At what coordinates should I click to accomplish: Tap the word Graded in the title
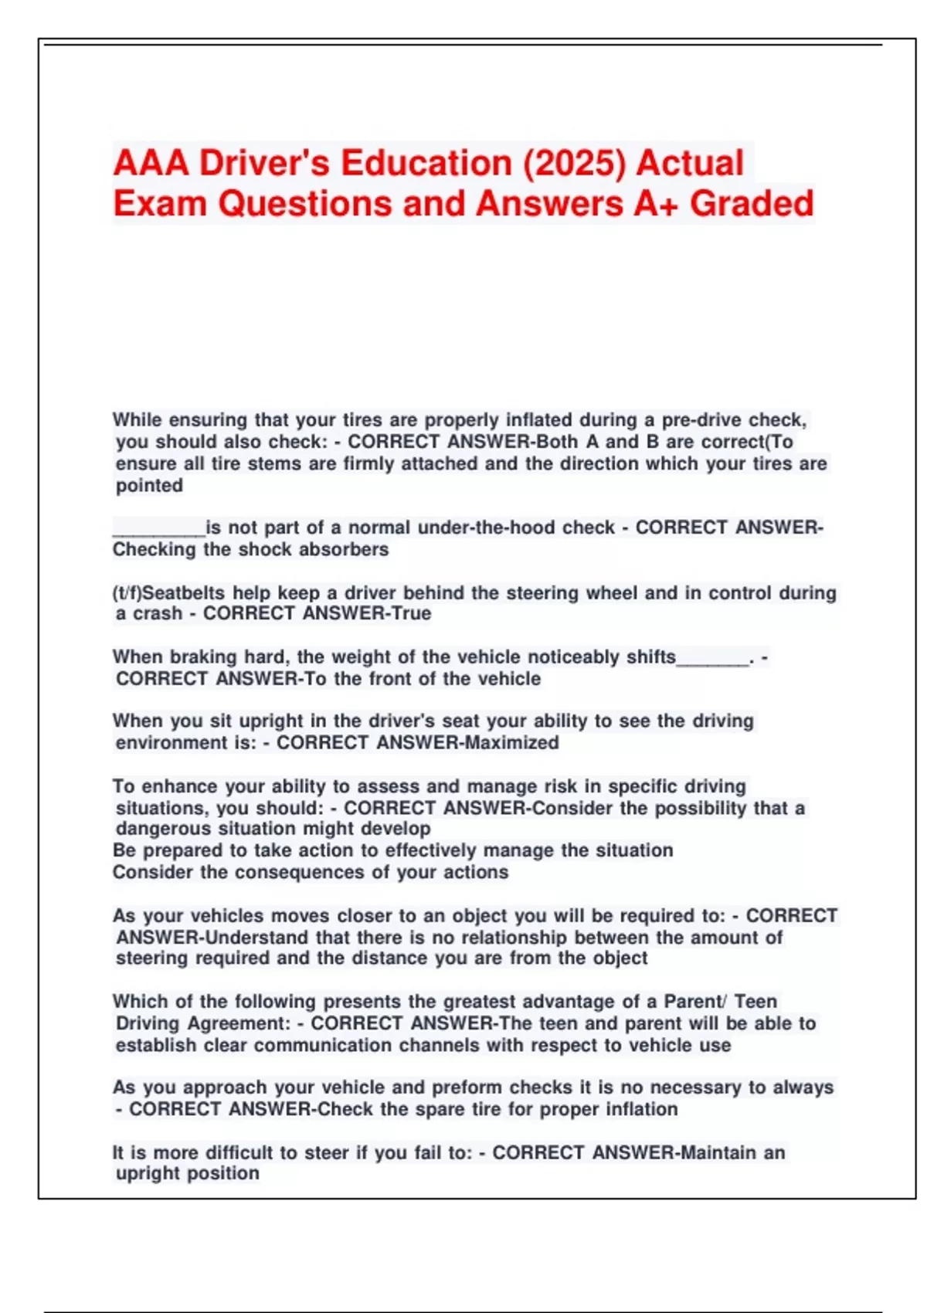click(x=751, y=204)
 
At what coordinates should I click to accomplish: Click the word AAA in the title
click(x=151, y=164)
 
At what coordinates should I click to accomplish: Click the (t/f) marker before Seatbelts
click(x=127, y=593)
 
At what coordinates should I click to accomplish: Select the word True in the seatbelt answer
click(x=413, y=613)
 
